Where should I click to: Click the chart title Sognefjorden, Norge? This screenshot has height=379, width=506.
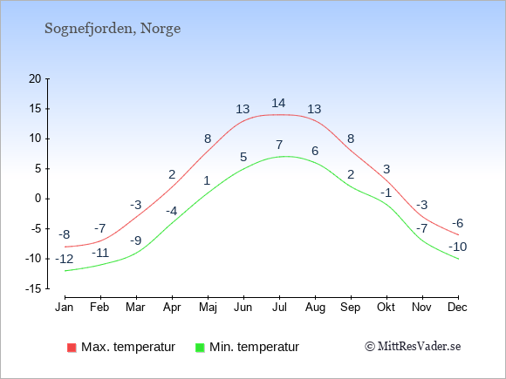tap(113, 29)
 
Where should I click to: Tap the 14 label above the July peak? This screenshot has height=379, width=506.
tap(278, 103)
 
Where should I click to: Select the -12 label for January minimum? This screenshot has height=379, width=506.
tap(65, 259)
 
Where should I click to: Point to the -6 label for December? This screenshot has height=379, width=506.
tap(458, 223)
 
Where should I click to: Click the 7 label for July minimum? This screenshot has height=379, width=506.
tap(279, 145)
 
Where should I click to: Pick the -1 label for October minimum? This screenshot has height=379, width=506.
tap(386, 193)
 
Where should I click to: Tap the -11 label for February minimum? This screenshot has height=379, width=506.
tap(100, 253)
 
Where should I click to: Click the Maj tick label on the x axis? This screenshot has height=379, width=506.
tap(208, 308)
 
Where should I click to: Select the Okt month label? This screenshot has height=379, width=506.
tap(386, 308)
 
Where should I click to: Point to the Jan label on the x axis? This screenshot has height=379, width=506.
tap(65, 308)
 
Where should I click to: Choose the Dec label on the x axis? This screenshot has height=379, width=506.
tap(457, 308)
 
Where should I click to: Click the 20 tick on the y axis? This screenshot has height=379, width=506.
tap(35, 78)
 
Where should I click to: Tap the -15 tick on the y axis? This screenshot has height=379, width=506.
tap(33, 288)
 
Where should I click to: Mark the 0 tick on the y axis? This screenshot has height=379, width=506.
tap(38, 199)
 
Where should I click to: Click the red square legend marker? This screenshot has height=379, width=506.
tap(72, 348)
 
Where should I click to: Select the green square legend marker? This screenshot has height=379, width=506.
tap(200, 348)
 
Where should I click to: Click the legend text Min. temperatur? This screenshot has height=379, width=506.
tap(254, 347)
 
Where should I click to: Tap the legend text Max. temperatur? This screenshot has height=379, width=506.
tap(128, 347)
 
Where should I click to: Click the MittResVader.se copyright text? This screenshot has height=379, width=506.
tap(413, 347)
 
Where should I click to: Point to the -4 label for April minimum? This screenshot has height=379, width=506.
tap(171, 211)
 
